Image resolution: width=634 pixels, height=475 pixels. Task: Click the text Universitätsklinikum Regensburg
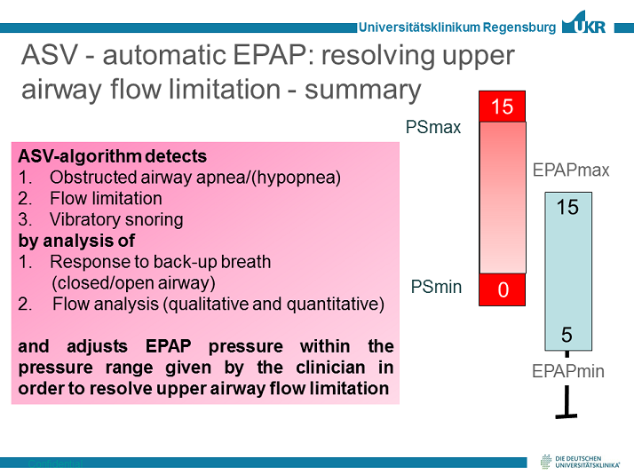point(456,28)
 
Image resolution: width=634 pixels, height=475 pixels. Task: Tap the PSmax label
point(433,127)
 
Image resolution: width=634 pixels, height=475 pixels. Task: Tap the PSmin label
point(436,287)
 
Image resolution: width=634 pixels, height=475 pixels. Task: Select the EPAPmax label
point(571,170)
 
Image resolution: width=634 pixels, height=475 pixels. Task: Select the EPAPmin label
point(567,371)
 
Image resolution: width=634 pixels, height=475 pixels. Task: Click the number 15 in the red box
point(502,107)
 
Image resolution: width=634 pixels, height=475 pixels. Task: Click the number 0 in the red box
point(503,289)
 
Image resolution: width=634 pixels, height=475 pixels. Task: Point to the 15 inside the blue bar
point(567,208)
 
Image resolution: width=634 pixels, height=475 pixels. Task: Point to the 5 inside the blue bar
point(567,335)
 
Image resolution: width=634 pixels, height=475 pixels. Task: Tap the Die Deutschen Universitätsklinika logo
point(582,460)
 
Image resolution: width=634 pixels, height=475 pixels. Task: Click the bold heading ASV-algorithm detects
point(113,155)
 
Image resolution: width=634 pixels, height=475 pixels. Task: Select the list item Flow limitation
point(106,198)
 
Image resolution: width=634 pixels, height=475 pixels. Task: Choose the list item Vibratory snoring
point(116,219)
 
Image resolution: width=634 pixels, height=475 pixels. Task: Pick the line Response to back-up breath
point(160,262)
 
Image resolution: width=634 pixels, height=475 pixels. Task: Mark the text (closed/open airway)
point(132,283)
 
